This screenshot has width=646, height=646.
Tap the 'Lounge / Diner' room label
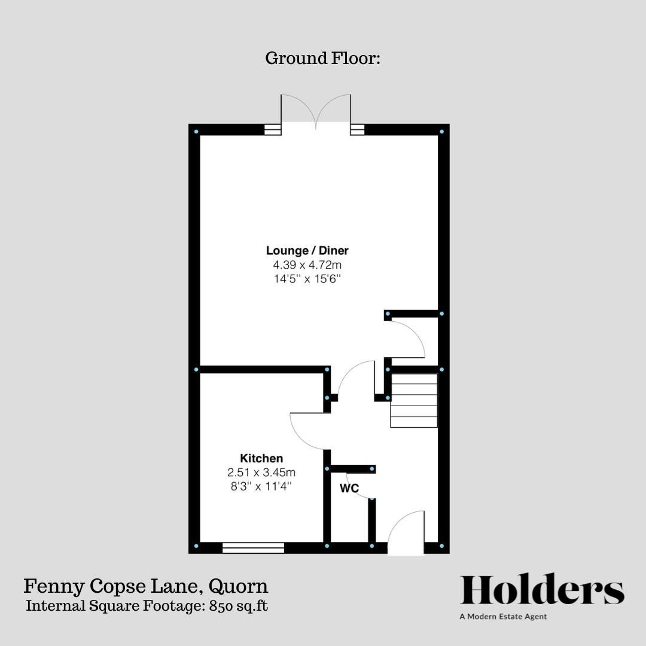(x=307, y=251)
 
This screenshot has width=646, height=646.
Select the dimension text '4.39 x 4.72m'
(x=307, y=264)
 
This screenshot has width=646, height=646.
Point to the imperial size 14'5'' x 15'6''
(x=307, y=278)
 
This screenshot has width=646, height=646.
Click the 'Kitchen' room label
(x=261, y=458)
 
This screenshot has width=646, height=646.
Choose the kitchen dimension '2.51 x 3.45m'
(x=261, y=472)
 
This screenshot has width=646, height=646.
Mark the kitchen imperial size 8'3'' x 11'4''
(x=261, y=486)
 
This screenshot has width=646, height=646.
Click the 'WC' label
(x=349, y=489)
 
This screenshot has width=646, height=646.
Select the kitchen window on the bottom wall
(x=253, y=547)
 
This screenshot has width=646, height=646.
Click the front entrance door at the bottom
(x=407, y=532)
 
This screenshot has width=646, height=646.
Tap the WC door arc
(x=360, y=486)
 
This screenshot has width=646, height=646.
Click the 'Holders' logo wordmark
(x=542, y=591)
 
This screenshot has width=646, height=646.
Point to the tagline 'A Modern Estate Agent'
(x=503, y=617)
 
